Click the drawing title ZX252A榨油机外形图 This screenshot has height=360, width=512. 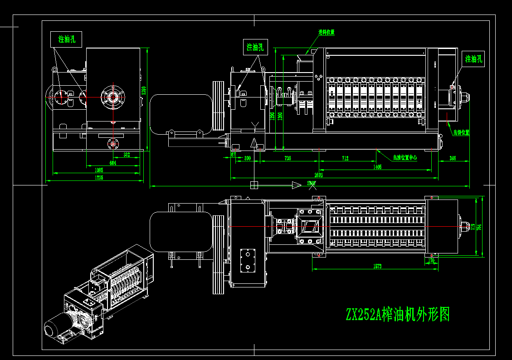coord(397,314)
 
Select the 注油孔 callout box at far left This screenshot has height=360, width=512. coord(66,39)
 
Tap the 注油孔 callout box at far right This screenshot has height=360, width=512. coord(473,59)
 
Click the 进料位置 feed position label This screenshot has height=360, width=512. coord(326,32)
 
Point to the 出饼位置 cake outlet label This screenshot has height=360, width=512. coord(461,133)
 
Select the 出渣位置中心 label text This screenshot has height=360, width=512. coord(405,158)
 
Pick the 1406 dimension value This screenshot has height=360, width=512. coord(377,167)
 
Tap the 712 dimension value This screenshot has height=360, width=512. coord(346,158)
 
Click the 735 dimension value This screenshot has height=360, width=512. coord(288,158)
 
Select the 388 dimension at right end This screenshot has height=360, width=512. coord(453,158)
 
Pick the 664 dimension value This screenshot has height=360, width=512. coord(113,163)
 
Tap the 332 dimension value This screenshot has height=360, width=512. coord(127,155)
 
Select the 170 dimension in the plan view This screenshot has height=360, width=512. coord(431,261)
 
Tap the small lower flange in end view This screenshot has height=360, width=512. coord(112,144)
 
